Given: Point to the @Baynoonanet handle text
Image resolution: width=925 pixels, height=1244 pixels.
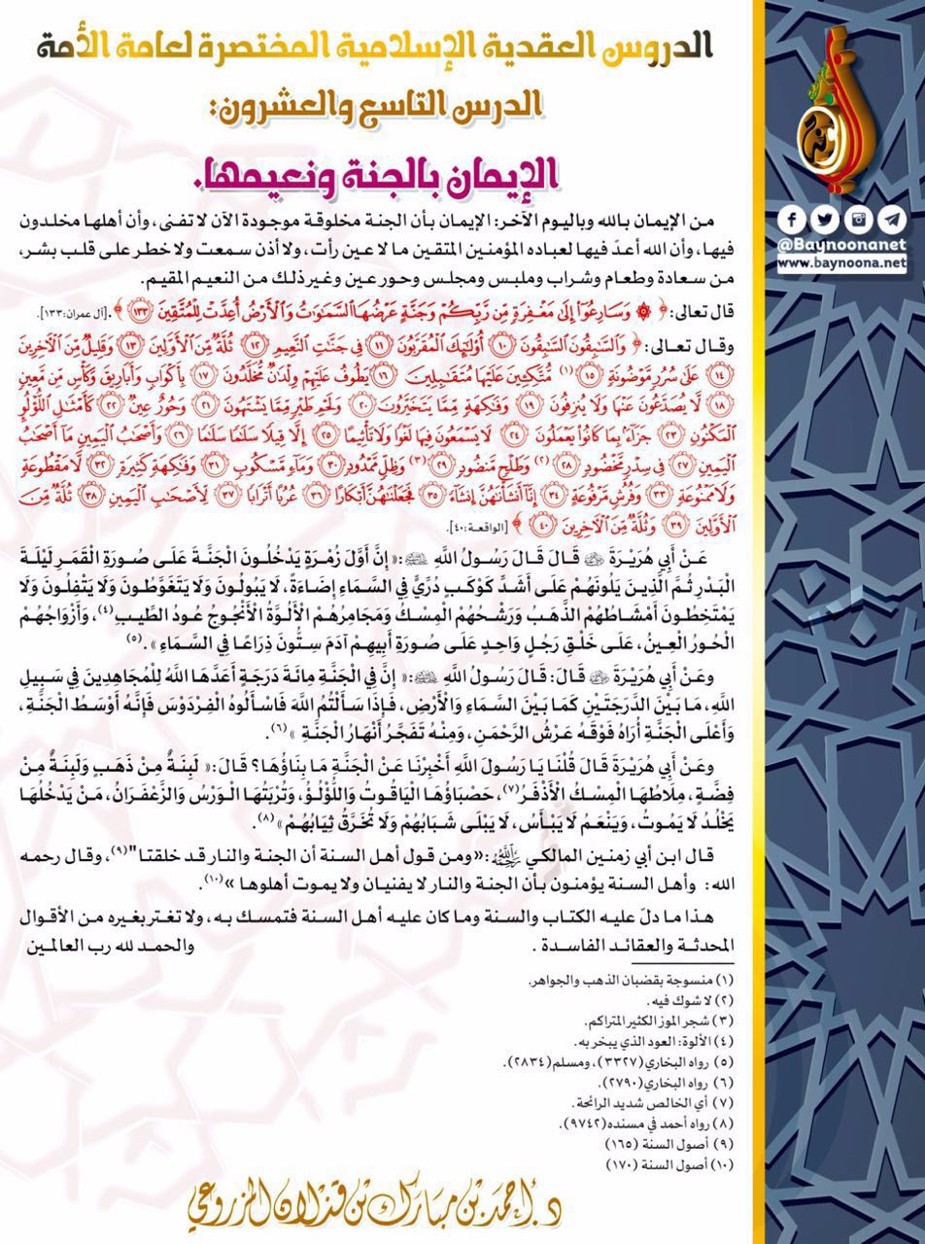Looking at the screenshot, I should click(x=843, y=244).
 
